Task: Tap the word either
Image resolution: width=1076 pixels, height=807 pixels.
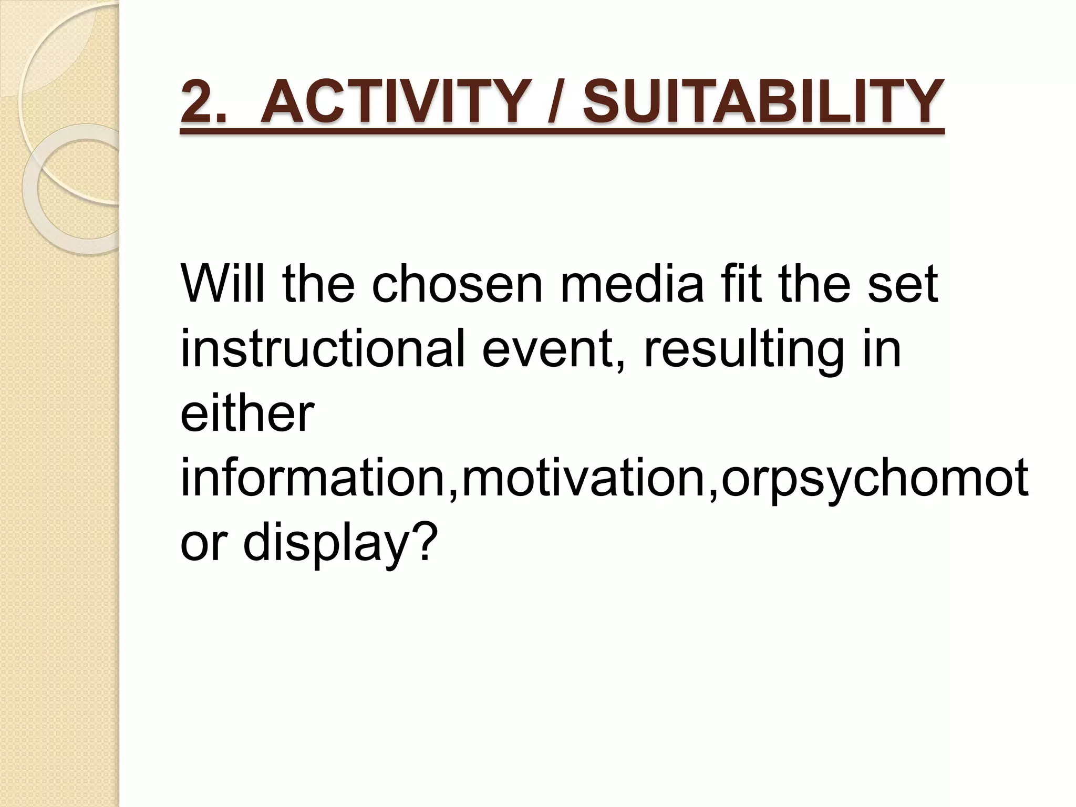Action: pyautogui.click(x=247, y=414)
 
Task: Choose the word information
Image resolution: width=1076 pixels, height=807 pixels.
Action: pyautogui.click(x=315, y=478)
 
